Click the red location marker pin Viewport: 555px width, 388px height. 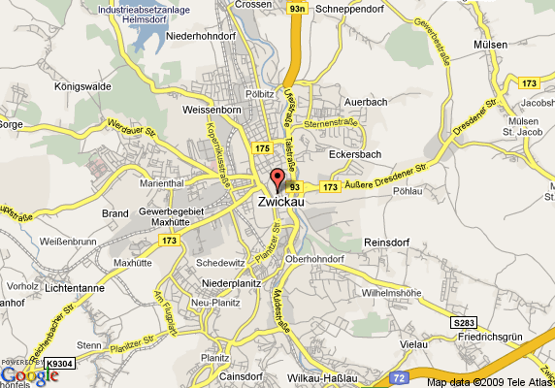(x=276, y=178)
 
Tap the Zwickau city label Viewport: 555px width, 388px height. (x=283, y=202)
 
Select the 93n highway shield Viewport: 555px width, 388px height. (x=298, y=8)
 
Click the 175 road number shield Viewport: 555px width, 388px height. (x=262, y=147)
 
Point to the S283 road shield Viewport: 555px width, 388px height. (x=465, y=322)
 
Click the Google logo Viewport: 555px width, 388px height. (x=29, y=374)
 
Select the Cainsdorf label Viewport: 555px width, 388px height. (x=244, y=376)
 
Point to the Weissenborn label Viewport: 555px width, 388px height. (x=212, y=110)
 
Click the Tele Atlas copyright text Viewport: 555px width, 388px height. (x=489, y=381)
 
